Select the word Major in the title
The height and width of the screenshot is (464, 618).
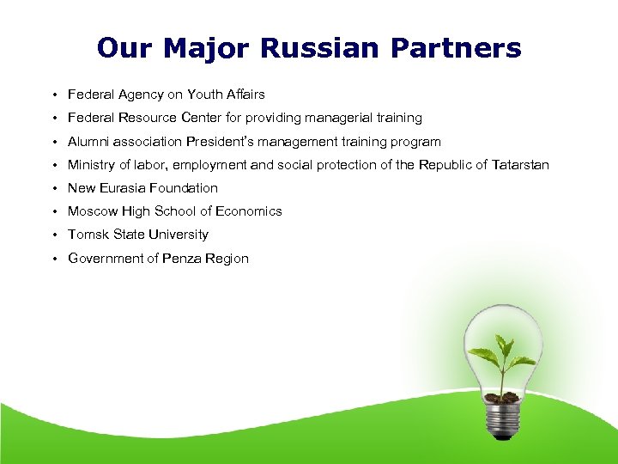click(x=210, y=48)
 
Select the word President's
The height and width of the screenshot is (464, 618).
click(x=224, y=141)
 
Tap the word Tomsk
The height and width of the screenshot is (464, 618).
click(x=88, y=235)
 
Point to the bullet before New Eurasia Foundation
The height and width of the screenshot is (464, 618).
click(x=53, y=188)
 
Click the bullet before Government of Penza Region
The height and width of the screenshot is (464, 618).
click(x=53, y=259)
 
